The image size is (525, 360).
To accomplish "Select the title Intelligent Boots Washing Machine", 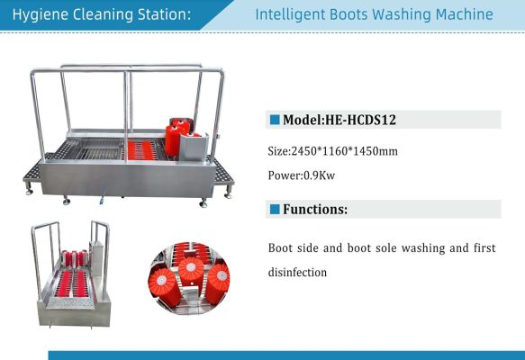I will [374, 15].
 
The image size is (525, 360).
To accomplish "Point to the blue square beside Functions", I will [275, 209].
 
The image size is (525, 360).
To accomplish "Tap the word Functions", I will [316, 209].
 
